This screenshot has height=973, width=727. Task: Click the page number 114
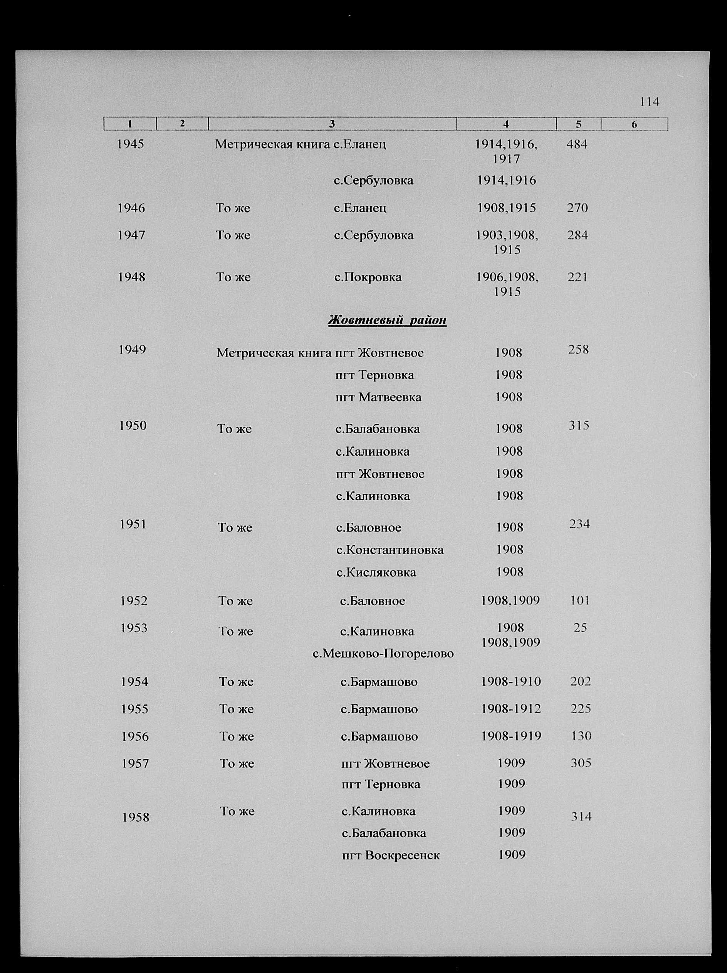[649, 102]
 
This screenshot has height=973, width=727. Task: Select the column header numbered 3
[332, 124]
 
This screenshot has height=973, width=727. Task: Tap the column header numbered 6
[634, 124]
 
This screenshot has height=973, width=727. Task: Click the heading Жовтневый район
[387, 320]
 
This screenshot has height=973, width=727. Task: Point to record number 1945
[131, 144]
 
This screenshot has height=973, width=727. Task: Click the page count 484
[576, 144]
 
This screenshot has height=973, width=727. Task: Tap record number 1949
[132, 350]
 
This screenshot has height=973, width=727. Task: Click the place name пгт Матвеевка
[378, 397]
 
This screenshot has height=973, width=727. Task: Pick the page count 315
[579, 425]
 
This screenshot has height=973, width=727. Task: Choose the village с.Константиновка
[390, 550]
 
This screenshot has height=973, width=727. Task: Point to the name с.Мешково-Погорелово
[383, 654]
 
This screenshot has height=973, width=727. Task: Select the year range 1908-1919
[511, 736]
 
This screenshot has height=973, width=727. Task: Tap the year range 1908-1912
[511, 709]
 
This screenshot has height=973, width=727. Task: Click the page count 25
[580, 628]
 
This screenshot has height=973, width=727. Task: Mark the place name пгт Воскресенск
[391, 855]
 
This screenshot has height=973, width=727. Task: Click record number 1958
[136, 817]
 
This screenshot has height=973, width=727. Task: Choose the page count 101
[579, 601]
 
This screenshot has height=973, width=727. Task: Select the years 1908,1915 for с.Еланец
[507, 208]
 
